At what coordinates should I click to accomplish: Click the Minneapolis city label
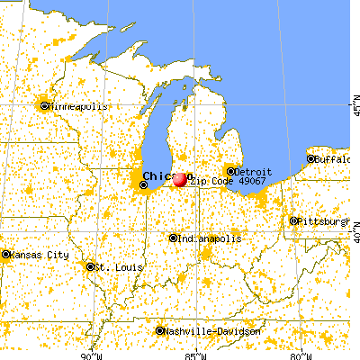(78, 106)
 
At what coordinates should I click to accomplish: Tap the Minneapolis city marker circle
(44, 106)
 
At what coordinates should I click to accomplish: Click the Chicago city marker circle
(144, 185)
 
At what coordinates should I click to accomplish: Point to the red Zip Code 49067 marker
(180, 180)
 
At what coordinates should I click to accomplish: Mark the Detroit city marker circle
(230, 171)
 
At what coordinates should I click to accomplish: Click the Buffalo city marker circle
(311, 159)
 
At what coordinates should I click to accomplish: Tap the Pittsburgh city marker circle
(293, 220)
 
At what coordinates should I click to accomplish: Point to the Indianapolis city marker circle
(174, 238)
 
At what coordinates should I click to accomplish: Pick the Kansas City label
(39, 255)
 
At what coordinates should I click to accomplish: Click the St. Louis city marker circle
(90, 266)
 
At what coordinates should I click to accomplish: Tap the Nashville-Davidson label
(214, 331)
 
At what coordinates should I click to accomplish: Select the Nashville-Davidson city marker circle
(160, 331)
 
